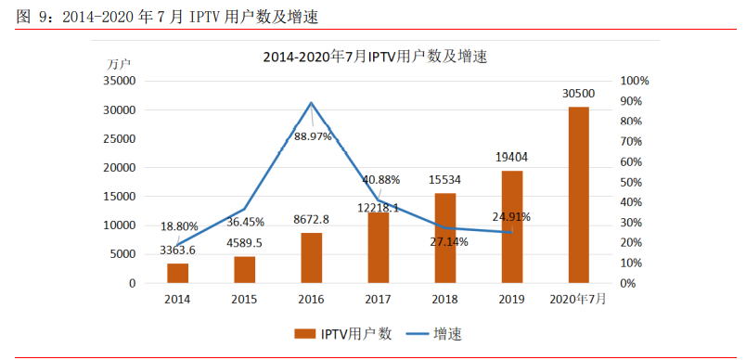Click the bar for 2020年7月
[578, 195]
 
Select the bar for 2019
[512, 226]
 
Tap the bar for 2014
[177, 273]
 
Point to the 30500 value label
[578, 94]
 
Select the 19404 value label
[512, 158]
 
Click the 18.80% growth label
[179, 225]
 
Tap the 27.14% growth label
[449, 241]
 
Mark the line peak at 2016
[311, 103]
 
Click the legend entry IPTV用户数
[342, 333]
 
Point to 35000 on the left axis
[120, 82]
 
